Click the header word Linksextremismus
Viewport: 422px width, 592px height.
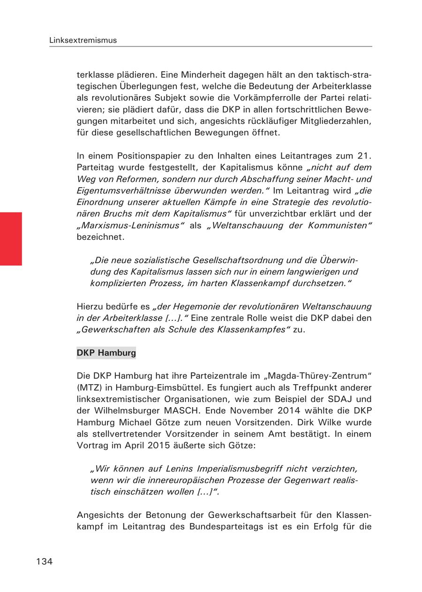(83, 40)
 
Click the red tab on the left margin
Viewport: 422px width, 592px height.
(11, 239)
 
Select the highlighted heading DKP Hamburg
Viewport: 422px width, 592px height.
(106, 353)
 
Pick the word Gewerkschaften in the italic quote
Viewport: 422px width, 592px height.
(111, 329)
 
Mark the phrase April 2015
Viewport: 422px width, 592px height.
(138, 445)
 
